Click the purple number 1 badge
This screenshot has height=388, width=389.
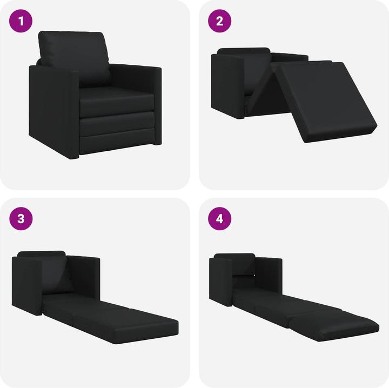pyautogui.click(x=21, y=22)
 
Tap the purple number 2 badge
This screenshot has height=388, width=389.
pyautogui.click(x=219, y=22)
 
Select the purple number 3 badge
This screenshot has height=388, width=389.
pyautogui.click(x=21, y=218)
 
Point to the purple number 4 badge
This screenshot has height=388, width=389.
pyautogui.click(x=219, y=218)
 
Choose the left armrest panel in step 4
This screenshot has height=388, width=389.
pyautogui.click(x=222, y=281)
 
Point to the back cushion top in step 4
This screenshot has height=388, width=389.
pyautogui.click(x=234, y=257)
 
